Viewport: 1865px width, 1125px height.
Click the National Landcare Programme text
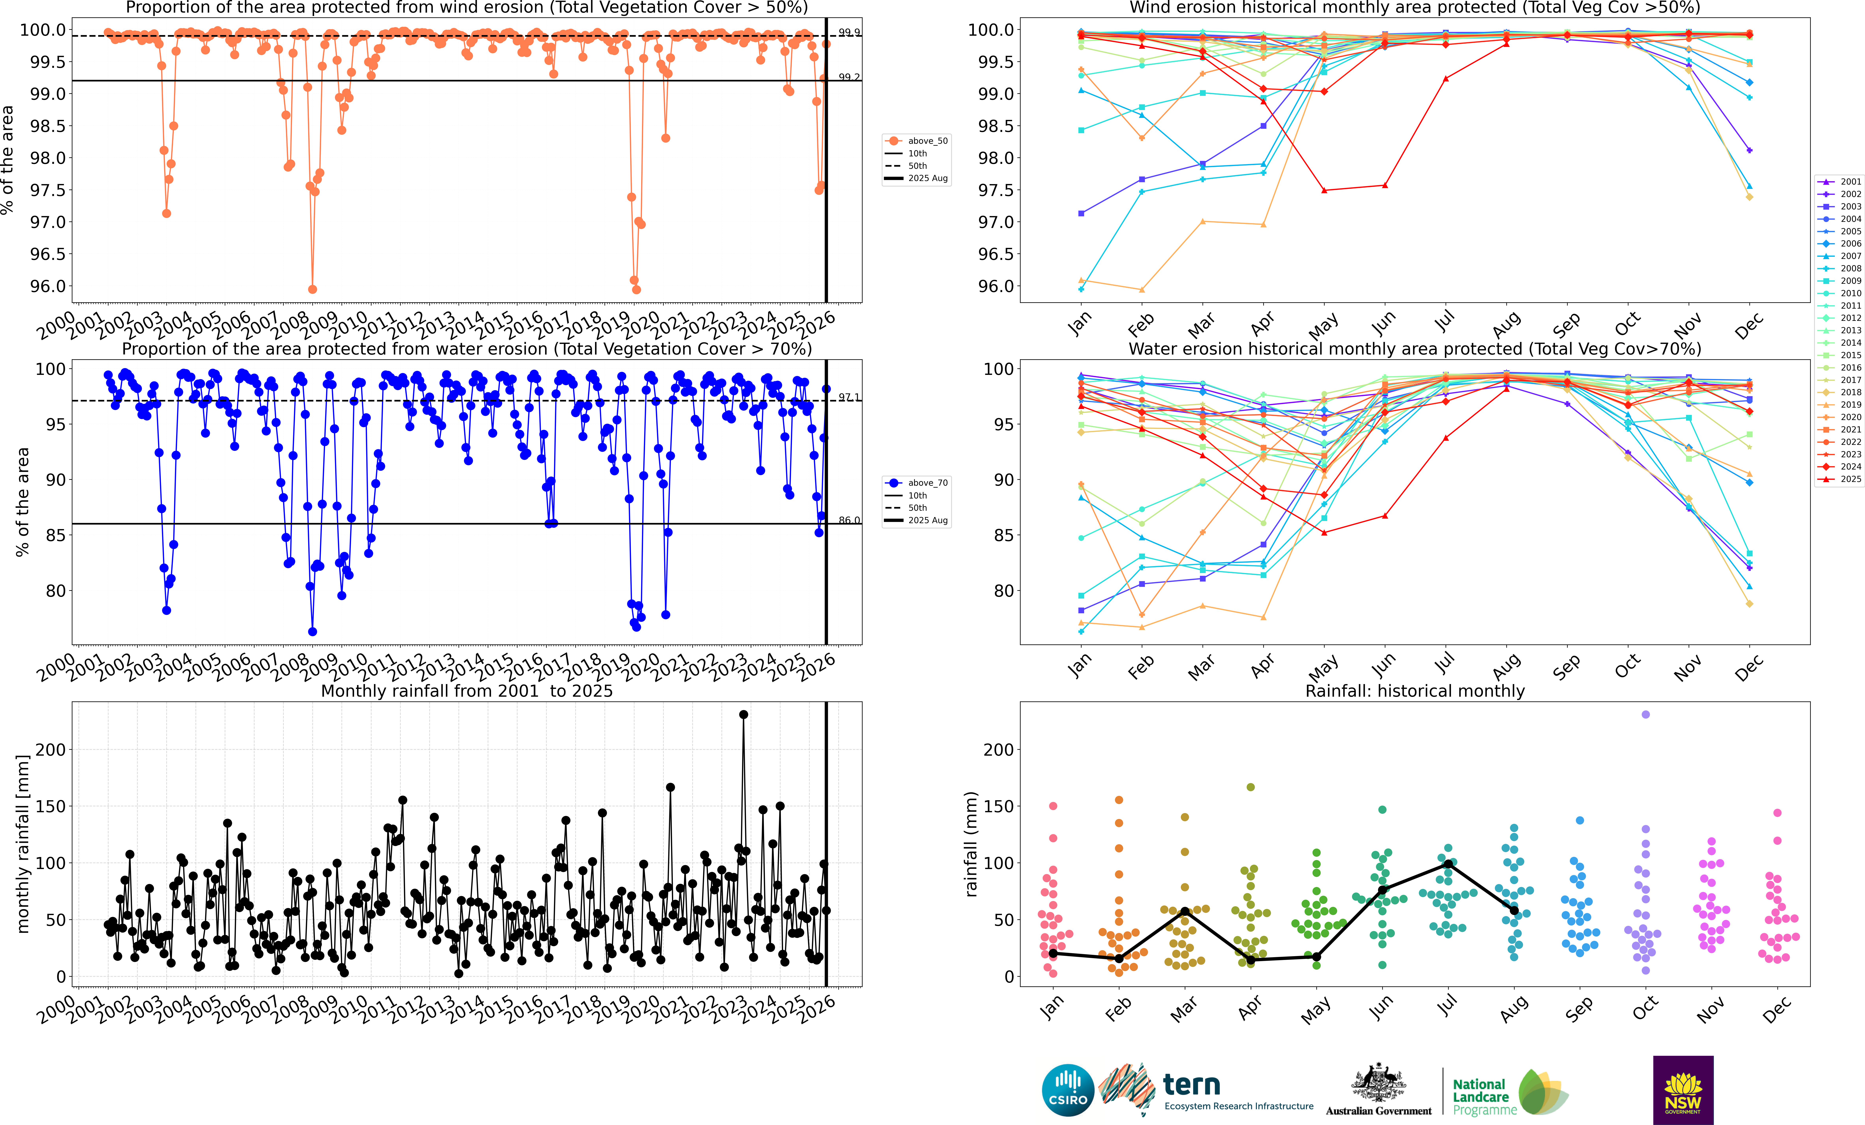pos(1483,1097)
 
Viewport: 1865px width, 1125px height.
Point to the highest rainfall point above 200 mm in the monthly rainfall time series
pos(743,714)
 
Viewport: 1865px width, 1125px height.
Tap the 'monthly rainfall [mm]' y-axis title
pos(23,844)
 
